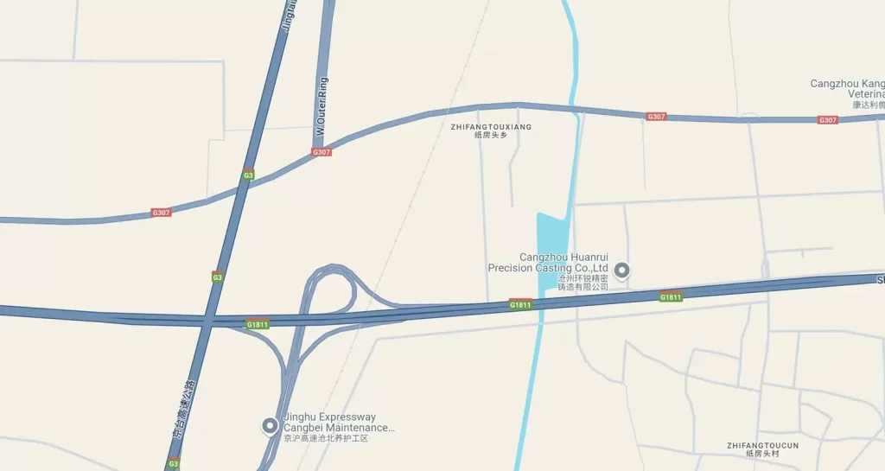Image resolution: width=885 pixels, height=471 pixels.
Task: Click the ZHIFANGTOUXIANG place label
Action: (x=491, y=127)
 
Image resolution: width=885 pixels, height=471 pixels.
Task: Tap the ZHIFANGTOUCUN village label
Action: (x=763, y=446)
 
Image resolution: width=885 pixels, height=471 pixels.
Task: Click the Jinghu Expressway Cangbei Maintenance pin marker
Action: (x=271, y=425)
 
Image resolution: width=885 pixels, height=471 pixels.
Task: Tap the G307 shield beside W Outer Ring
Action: (x=322, y=152)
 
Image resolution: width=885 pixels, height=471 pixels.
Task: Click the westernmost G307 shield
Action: (x=161, y=213)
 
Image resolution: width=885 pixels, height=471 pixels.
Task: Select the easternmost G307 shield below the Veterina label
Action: (x=828, y=120)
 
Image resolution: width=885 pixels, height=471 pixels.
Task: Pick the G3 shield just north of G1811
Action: (x=218, y=277)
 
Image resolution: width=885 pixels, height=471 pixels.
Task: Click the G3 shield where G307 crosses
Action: (x=248, y=175)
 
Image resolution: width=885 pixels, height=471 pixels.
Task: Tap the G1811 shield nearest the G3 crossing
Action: (x=258, y=325)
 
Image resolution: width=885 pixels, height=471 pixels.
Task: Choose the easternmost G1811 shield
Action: (x=671, y=297)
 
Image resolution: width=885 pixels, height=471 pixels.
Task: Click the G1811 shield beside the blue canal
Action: (x=520, y=304)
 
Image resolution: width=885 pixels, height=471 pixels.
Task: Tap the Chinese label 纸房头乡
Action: (x=490, y=136)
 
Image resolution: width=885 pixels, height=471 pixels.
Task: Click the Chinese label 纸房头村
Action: (x=763, y=455)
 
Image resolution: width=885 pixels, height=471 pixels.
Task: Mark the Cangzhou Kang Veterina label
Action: (x=848, y=89)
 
